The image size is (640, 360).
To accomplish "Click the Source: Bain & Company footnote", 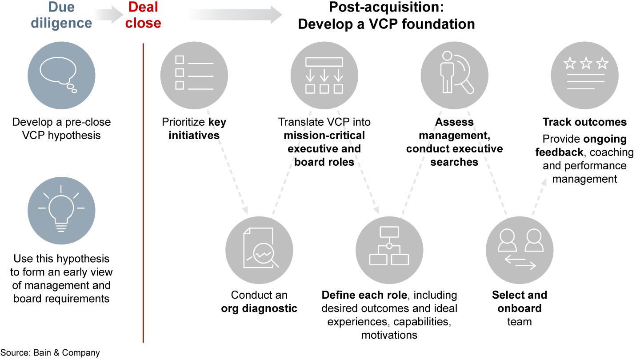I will coord(50,353).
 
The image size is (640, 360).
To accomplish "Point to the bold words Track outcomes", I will coord(584,122).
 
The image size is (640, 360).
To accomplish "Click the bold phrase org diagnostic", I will coord(259,308).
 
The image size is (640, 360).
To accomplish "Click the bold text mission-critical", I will coord(324,135).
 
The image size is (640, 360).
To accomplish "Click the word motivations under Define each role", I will coord(389,335).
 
